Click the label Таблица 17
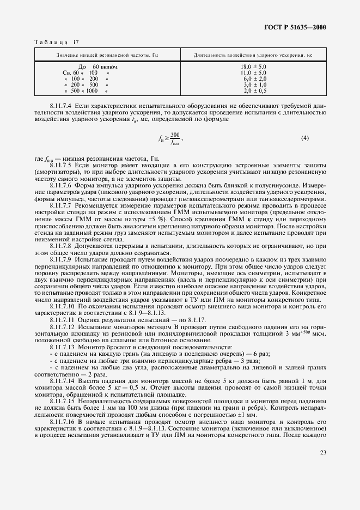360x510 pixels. pos(57,42)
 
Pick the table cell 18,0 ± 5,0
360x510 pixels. pos(253,66)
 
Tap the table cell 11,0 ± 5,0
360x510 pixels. pos(253,72)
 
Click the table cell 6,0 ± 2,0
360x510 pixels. pos(253,79)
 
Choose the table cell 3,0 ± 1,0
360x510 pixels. pos(253,85)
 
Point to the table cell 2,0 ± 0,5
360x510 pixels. pos(253,91)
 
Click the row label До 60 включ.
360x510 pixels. pos(99,66)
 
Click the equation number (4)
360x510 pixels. pos(304,138)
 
